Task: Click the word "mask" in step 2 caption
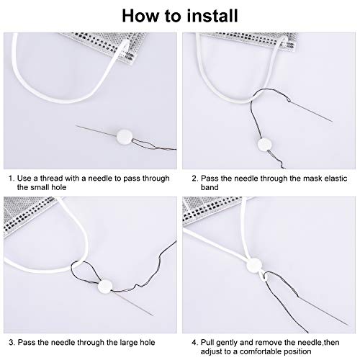tap(297, 176)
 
